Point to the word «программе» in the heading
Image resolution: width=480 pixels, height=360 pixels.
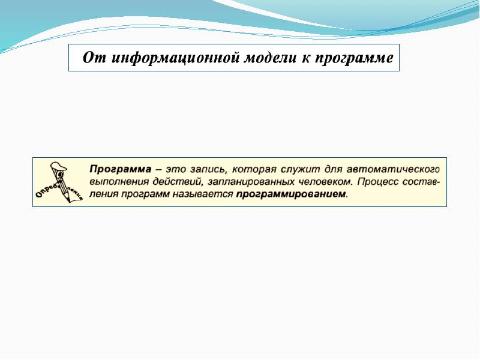click(x=354, y=58)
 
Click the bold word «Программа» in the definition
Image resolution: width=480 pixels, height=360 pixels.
click(x=121, y=169)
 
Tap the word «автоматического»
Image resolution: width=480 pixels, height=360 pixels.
click(x=394, y=169)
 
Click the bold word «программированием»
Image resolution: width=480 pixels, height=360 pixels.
click(x=292, y=194)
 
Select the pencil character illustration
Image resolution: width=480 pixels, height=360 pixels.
click(x=59, y=182)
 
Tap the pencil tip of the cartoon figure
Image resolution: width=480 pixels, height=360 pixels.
click(x=68, y=200)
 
